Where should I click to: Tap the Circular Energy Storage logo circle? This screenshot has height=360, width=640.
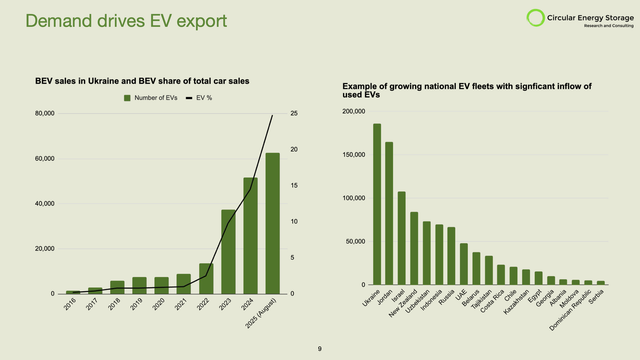coord(508,18)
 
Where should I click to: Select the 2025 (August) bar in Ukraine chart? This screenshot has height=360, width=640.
coord(272,223)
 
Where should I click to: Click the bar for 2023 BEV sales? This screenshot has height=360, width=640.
coord(228,251)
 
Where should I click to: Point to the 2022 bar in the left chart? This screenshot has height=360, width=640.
coord(206,278)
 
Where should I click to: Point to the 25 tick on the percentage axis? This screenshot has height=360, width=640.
coord(292,114)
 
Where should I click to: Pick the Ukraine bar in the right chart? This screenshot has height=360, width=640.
coord(377,205)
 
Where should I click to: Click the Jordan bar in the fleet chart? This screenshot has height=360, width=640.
coord(389,214)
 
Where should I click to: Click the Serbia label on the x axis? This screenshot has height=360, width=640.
coord(596,300)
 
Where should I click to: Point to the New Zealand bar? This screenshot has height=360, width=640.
coord(414,248)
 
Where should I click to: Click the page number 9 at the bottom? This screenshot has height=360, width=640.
coord(319,348)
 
